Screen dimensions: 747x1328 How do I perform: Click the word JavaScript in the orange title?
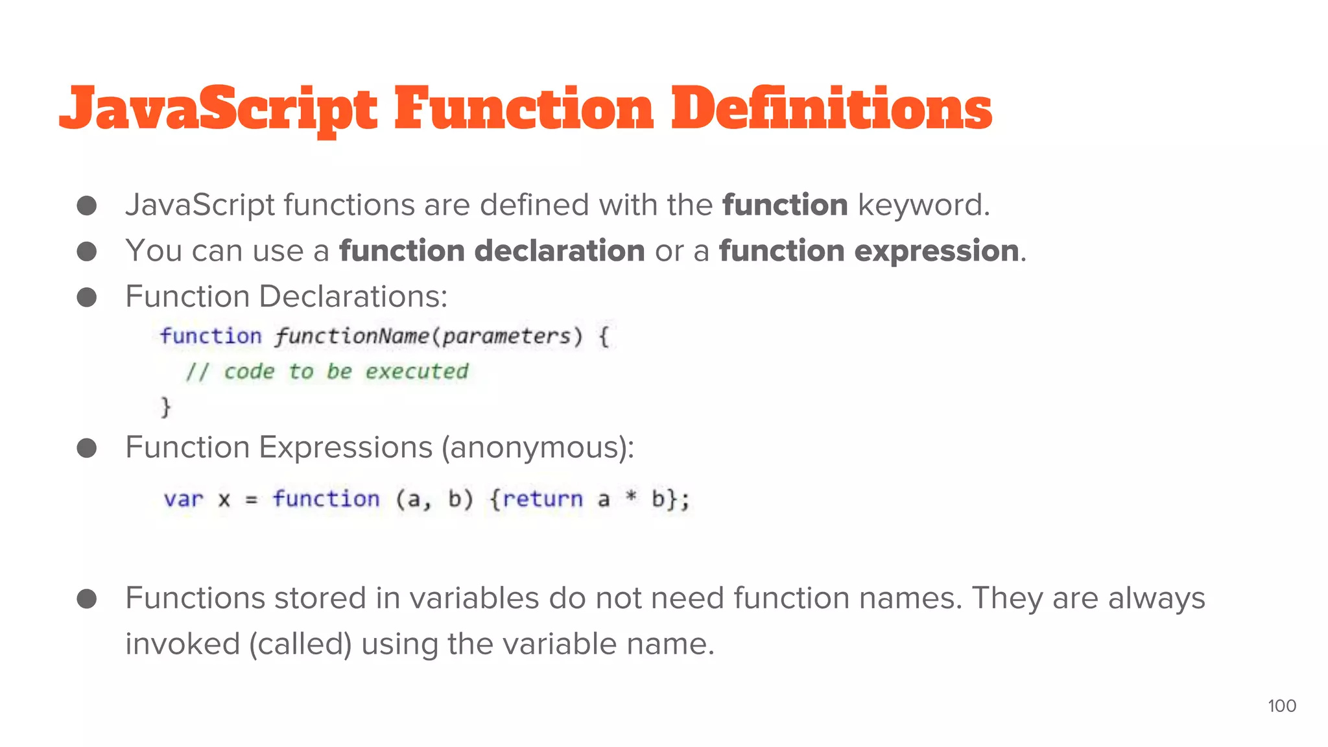point(218,109)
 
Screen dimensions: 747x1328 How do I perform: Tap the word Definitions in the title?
point(831,109)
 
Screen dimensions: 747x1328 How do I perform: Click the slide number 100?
point(1281,706)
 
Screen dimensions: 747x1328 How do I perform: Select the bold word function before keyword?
point(785,205)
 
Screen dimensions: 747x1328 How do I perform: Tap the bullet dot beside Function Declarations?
point(87,298)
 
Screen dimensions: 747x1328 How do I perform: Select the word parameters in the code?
point(506,336)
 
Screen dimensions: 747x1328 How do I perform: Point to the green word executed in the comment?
point(416,372)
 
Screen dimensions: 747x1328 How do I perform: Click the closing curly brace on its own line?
point(166,407)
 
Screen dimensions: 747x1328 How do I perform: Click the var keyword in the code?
point(184,499)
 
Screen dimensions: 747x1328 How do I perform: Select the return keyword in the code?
point(542,499)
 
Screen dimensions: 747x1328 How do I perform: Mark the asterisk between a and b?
point(630,498)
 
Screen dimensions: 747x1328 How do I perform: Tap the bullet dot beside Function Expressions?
point(87,448)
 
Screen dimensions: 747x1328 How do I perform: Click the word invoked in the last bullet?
point(183,644)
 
